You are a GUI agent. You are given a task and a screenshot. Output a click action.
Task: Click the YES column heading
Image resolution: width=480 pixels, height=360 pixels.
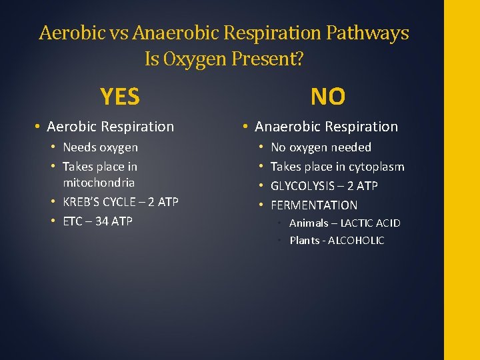click(x=120, y=97)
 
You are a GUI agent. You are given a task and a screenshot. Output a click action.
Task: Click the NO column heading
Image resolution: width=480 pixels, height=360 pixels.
click(x=327, y=97)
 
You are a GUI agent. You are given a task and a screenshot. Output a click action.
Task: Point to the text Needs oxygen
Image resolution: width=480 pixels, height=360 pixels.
click(x=100, y=147)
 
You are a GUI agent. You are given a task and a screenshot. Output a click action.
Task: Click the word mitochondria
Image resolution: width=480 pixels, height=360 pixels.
click(x=99, y=183)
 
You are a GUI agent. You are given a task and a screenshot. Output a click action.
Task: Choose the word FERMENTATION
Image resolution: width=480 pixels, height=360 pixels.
click(x=314, y=205)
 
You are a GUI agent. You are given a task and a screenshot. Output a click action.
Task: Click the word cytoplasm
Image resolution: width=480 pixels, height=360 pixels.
click(x=377, y=167)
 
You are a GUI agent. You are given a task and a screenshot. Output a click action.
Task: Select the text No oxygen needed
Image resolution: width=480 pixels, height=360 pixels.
click(x=321, y=147)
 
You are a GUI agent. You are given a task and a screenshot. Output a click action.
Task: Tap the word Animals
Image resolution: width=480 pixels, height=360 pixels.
click(x=309, y=223)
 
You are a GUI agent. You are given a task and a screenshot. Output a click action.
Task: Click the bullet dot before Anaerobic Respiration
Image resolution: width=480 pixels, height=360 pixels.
click(x=246, y=127)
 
